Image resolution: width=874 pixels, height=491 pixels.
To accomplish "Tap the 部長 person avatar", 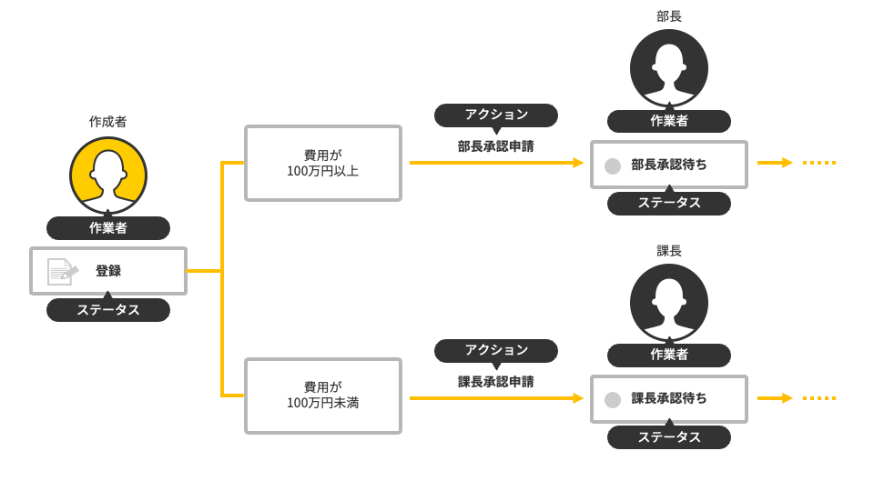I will [x=669, y=68].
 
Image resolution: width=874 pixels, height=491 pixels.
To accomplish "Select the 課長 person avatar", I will [x=669, y=303].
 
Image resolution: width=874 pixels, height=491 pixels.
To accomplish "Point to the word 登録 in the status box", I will [x=108, y=271].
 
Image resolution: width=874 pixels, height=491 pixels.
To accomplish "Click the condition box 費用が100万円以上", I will [x=323, y=163].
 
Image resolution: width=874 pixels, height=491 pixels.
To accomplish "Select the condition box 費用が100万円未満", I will [x=323, y=396].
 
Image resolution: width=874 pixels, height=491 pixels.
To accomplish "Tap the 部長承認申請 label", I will [x=495, y=145].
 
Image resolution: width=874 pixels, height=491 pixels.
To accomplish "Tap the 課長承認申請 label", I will [x=495, y=381].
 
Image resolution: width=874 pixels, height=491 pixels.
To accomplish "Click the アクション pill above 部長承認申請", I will [x=496, y=115].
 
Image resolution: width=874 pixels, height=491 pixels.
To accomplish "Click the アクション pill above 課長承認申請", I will [x=496, y=350].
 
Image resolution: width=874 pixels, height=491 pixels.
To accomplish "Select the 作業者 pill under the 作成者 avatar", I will [x=108, y=228].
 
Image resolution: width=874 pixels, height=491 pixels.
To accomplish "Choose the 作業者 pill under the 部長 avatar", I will [x=669, y=121].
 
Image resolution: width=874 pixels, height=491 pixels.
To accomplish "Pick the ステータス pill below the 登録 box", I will [x=108, y=310].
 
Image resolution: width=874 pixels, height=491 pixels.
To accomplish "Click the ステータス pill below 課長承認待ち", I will [x=669, y=437].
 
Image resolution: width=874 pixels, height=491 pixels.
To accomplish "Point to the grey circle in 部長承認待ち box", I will [x=613, y=165].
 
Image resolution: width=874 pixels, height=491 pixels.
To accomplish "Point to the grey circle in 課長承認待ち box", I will [x=613, y=400].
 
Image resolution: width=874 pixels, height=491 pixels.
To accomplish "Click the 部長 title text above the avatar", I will [x=669, y=16].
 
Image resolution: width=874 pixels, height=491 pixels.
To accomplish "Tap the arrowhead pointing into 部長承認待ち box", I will [x=577, y=163].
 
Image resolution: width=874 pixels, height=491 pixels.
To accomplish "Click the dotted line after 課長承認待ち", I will [x=819, y=398].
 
